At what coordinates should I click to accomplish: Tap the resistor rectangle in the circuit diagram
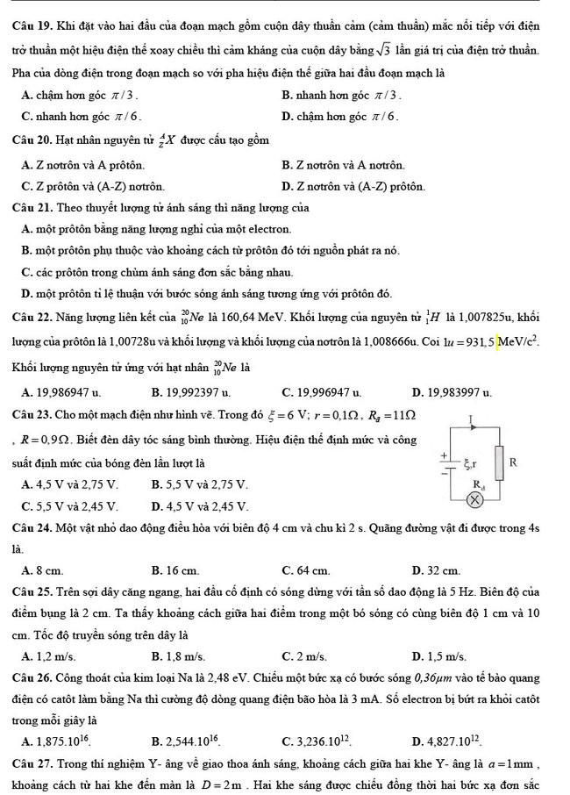pyautogui.click(x=501, y=462)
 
